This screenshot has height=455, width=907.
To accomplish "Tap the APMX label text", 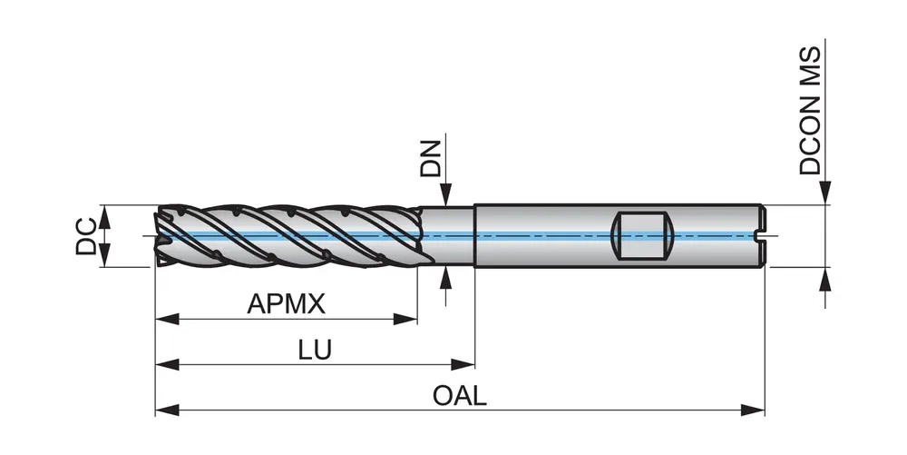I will (x=286, y=303).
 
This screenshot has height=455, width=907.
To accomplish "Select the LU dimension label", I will (x=316, y=349).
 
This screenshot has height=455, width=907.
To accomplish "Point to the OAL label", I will (x=460, y=395).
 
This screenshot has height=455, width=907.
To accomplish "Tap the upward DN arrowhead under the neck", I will (x=444, y=276).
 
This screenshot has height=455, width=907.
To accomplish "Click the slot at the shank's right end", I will (x=761, y=236).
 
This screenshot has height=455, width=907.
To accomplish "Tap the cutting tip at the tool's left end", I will (x=161, y=236).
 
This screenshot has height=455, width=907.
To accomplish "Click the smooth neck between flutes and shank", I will (x=449, y=236).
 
